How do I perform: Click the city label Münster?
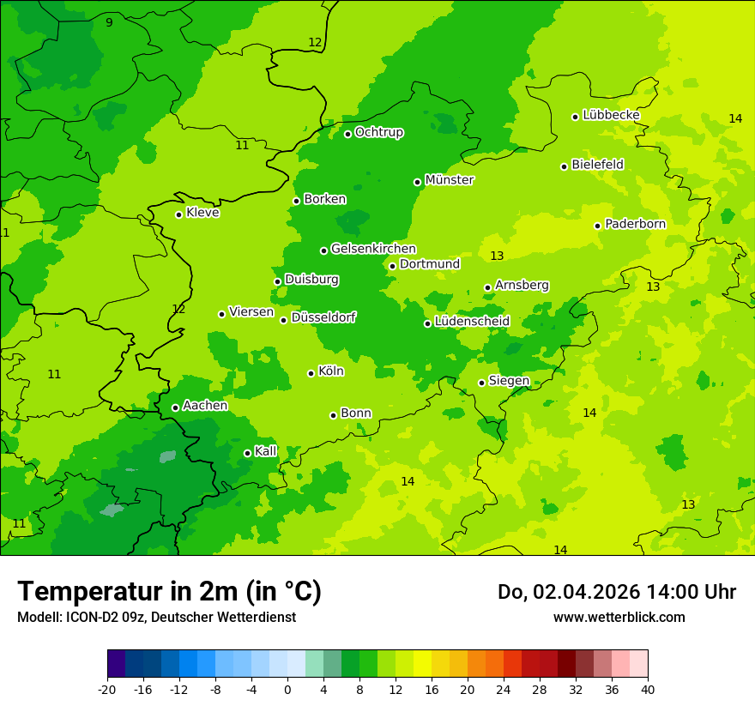450,180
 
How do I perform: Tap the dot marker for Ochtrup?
348,134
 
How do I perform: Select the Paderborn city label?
636,224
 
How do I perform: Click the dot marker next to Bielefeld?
565,166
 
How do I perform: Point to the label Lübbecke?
611,115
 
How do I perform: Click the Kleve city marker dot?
179,214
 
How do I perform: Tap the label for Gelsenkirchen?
373,249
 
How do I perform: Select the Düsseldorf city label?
323,317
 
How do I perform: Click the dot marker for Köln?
311,373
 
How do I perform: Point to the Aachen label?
205,406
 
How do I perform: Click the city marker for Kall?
248,453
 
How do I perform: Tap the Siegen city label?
509,381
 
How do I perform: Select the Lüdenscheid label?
472,322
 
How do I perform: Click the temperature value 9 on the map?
109,22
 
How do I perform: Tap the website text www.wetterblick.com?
619,617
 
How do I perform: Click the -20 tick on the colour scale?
106,690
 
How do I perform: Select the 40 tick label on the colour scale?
648,690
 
